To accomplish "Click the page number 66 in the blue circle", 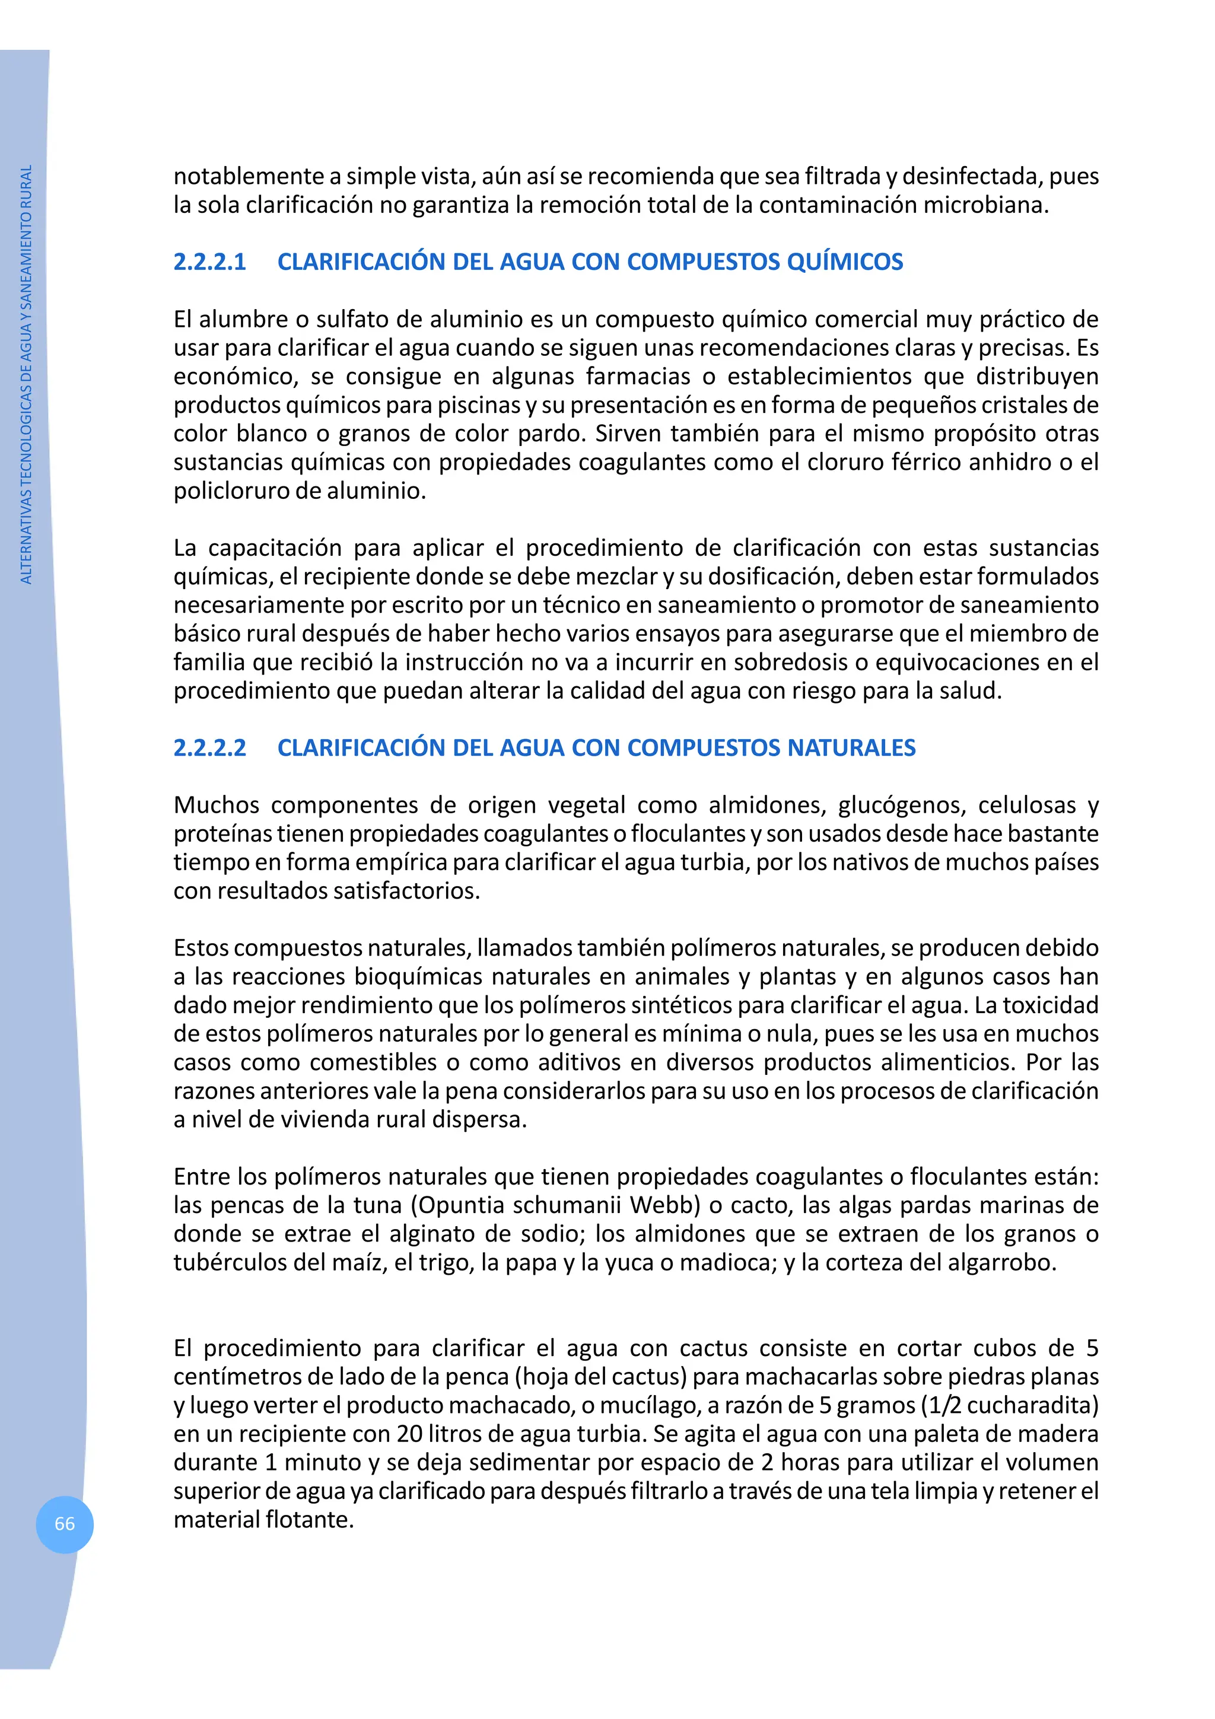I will tap(65, 1524).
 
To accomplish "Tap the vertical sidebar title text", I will tap(26, 374).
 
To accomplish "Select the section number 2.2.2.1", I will tap(209, 262).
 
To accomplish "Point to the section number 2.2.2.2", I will tap(209, 748).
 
